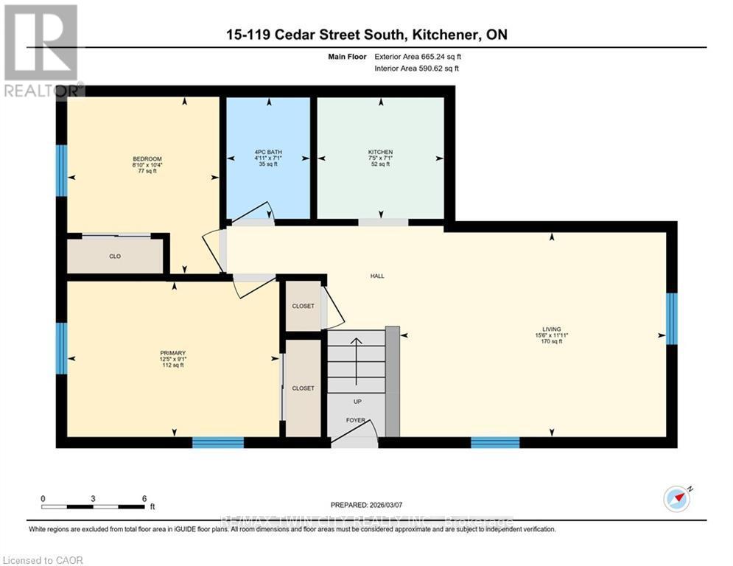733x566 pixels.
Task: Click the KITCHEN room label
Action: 380,153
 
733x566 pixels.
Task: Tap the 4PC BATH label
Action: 267,153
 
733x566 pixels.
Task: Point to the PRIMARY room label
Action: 173,353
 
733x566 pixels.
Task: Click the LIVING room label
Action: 551,329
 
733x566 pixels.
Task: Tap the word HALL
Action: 377,276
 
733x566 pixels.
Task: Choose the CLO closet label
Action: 115,256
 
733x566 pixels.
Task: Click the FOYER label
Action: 356,421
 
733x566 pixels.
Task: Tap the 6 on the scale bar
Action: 144,498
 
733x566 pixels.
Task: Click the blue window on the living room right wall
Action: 671,319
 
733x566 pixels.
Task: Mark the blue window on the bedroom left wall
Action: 62,170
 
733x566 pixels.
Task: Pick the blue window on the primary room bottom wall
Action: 218,442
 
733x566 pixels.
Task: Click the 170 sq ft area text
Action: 551,341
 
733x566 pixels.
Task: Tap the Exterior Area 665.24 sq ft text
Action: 418,56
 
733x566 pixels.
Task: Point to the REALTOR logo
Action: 41,50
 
